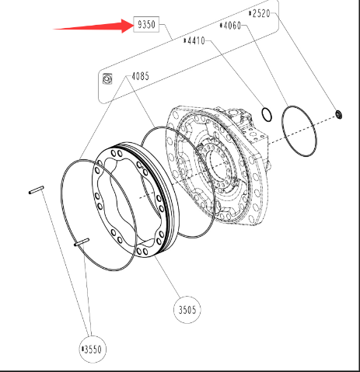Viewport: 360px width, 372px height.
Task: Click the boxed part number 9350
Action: [x=146, y=24]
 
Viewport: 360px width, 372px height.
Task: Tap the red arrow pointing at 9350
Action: [x=94, y=26]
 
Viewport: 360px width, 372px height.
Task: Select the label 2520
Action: [x=261, y=13]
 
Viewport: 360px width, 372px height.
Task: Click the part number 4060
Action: [x=232, y=26]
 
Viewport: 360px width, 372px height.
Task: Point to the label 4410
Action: [x=196, y=40]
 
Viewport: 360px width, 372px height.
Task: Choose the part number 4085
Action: [x=140, y=76]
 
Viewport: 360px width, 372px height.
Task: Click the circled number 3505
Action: [x=187, y=310]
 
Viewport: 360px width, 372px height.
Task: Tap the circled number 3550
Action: [x=93, y=349]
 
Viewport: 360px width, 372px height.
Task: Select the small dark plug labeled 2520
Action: [x=339, y=114]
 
